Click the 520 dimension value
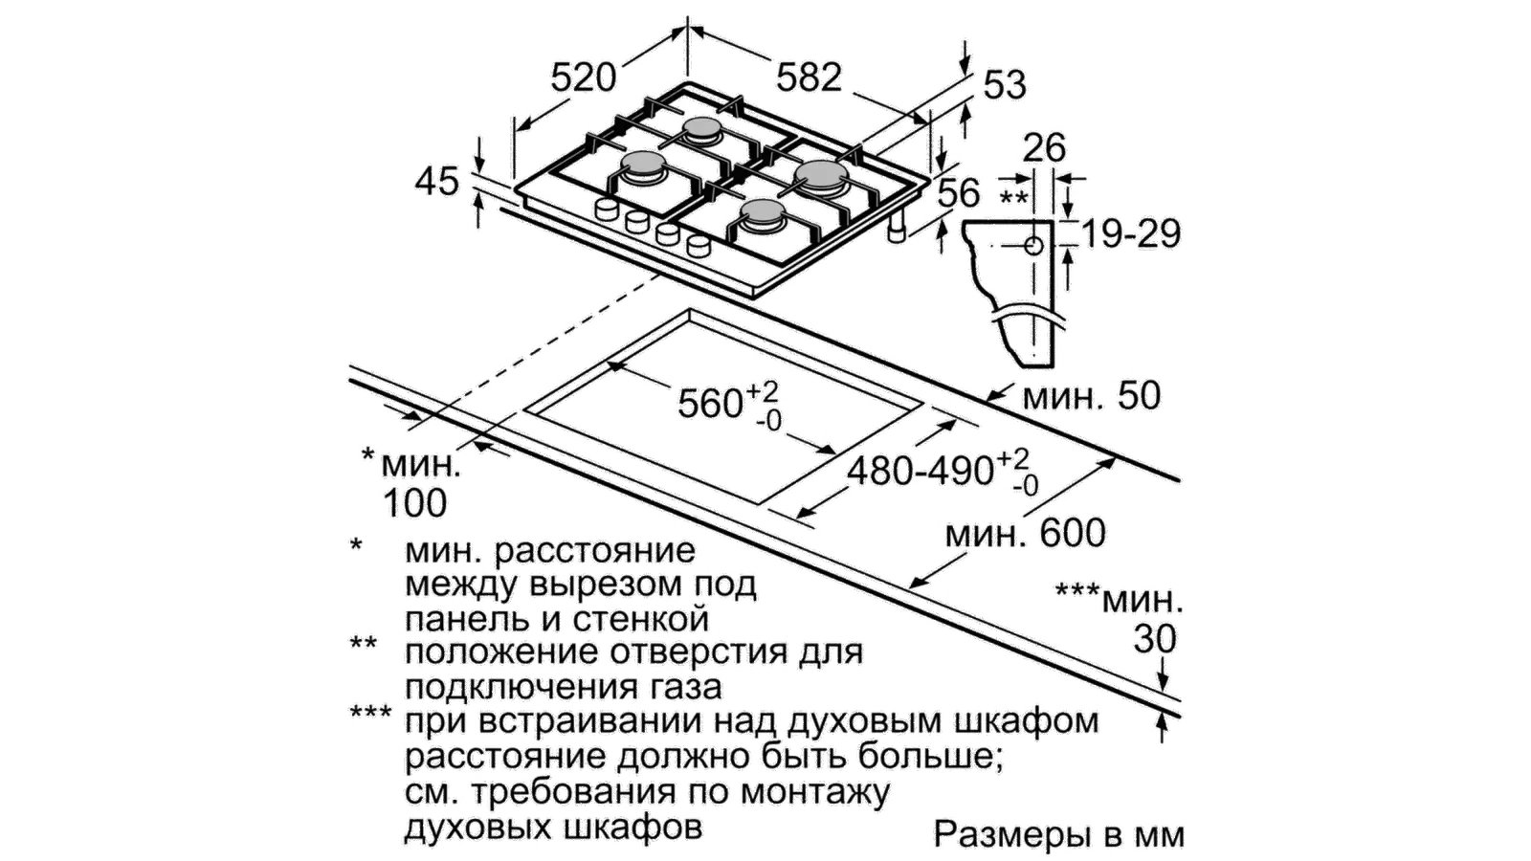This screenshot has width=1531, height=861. click(584, 77)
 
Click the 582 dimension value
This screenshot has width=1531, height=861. click(810, 77)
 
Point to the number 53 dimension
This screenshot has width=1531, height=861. click(1005, 86)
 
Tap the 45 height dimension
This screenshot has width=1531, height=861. click(436, 182)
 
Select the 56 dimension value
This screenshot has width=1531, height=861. click(958, 192)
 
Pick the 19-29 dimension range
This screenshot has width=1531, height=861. click(1131, 234)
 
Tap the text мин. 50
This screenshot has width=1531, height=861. click(1092, 396)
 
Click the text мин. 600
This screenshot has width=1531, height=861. click(1025, 533)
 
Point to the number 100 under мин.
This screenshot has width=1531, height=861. click(415, 503)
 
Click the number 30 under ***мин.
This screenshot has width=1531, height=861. click(1155, 639)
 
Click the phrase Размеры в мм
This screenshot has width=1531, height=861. click(1058, 834)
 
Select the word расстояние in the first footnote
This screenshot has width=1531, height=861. click(595, 551)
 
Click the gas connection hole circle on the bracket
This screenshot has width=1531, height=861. click(1033, 245)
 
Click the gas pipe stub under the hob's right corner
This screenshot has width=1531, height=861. click(897, 229)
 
